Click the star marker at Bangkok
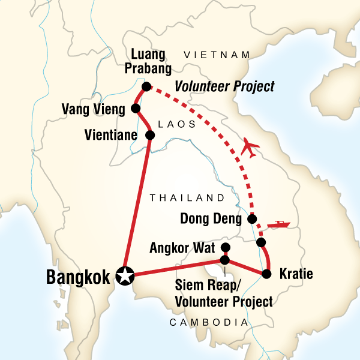125,276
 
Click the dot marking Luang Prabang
146,86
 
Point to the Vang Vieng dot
136,109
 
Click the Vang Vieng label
95,109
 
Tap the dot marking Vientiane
150,136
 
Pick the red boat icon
278,226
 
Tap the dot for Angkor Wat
226,247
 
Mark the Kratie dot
266,275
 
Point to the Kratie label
296,275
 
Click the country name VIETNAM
217,55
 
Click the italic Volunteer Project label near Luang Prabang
224,87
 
